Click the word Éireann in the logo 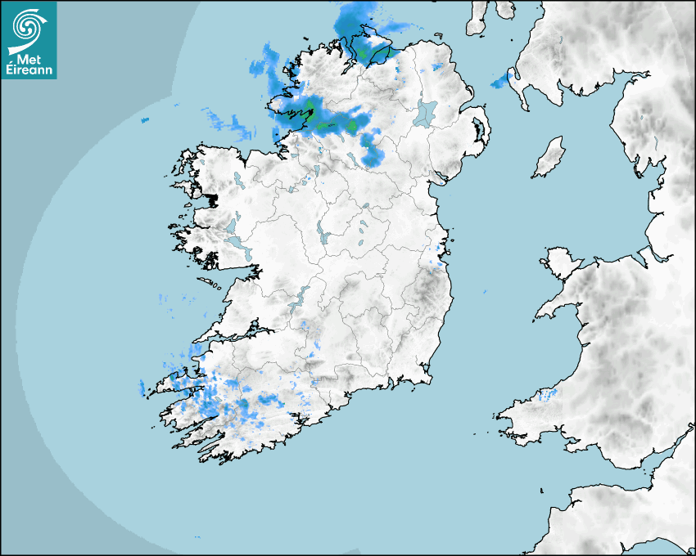point(29,71)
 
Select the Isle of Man point(549,157)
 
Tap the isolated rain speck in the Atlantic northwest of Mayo point(145,121)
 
